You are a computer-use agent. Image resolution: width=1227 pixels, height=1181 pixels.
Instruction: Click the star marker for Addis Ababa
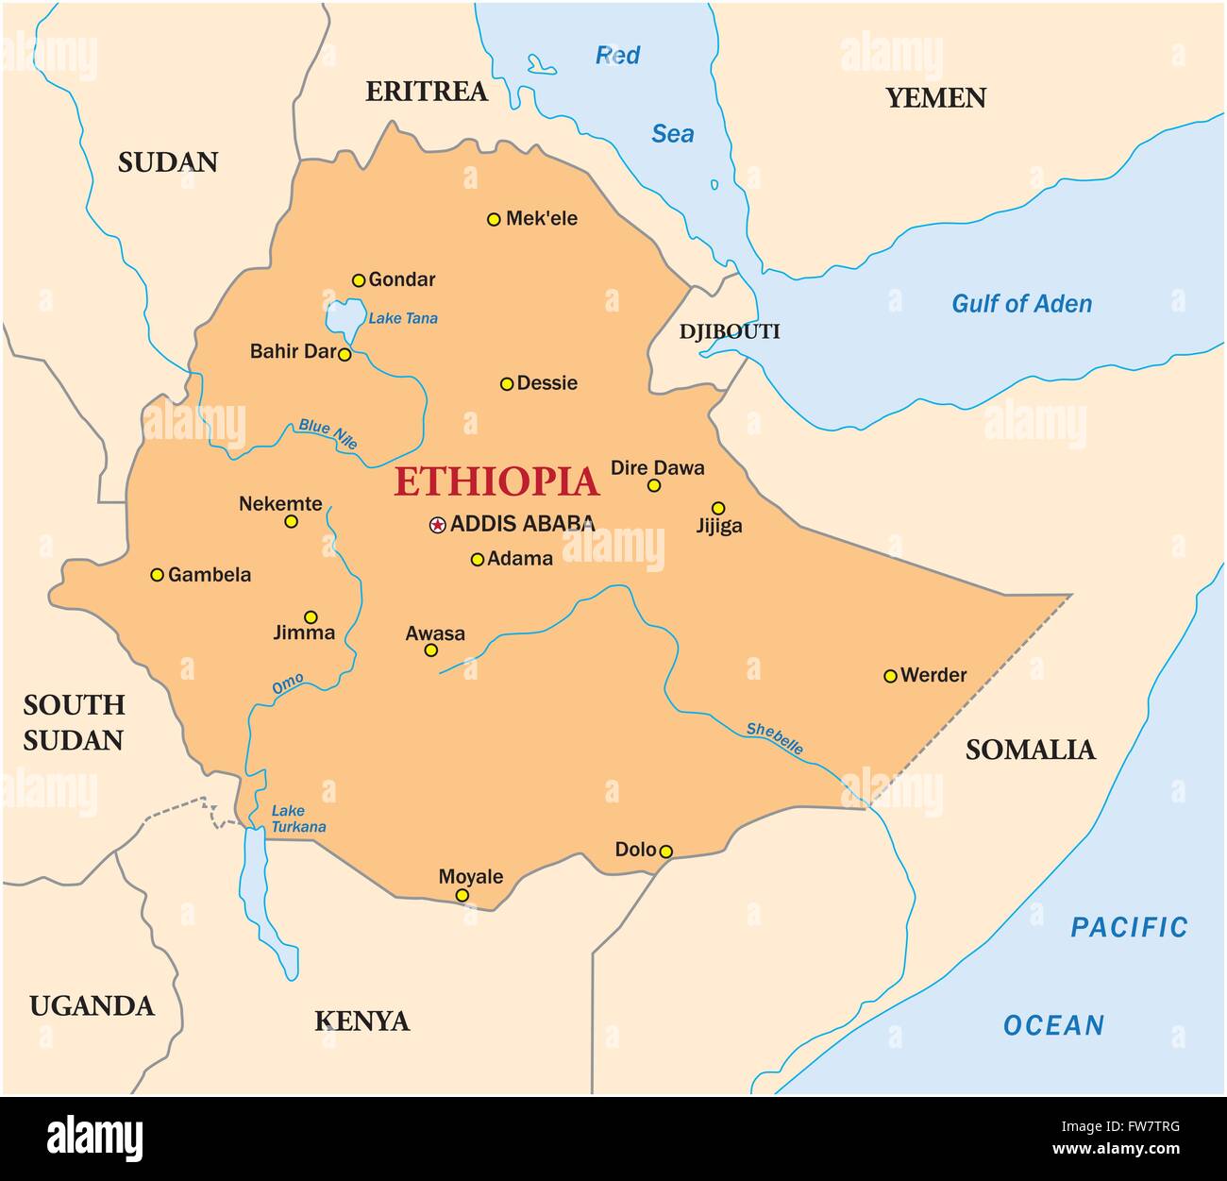[x=437, y=525]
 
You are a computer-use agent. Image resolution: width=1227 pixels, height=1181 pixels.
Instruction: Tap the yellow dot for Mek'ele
[x=493, y=219]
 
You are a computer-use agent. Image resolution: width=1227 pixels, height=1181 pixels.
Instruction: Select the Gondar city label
[x=402, y=279]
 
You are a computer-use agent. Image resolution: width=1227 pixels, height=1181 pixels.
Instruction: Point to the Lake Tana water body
[x=344, y=319]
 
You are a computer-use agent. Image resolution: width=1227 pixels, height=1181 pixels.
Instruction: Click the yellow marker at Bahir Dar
[x=345, y=355]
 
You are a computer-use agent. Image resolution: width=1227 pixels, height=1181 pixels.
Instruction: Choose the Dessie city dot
[x=507, y=383]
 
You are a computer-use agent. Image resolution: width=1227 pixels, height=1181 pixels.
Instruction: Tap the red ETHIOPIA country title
[x=496, y=481]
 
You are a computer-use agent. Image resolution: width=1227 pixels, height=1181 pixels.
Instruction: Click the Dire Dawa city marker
[x=653, y=485]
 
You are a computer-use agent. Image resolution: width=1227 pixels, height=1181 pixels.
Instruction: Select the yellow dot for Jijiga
[x=718, y=508]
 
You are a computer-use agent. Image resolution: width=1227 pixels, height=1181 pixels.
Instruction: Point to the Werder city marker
[x=890, y=676]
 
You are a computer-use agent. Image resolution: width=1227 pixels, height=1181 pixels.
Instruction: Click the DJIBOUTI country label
[x=730, y=331]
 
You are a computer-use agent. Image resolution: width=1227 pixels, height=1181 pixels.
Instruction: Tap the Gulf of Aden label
[x=1021, y=304]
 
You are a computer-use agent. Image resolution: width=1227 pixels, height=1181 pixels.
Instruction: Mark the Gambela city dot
[x=158, y=575]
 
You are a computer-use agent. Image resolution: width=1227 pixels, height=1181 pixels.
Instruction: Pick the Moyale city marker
[x=462, y=895]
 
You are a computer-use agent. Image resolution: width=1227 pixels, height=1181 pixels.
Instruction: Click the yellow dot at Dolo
[x=665, y=852]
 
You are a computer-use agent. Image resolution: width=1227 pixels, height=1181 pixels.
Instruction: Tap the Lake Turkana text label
[x=297, y=818]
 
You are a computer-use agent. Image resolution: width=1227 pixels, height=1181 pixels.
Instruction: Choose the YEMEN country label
[x=935, y=98]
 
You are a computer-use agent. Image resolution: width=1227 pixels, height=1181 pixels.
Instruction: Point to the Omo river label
[x=288, y=685]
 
